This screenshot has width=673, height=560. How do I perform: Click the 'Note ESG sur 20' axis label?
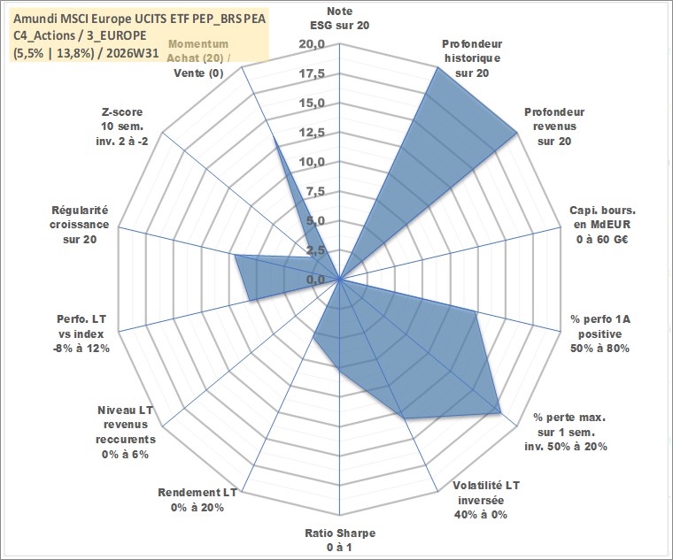tap(339, 19)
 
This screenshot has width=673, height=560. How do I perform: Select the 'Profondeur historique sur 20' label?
tap(472, 58)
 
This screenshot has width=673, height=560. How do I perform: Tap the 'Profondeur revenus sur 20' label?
tap(554, 127)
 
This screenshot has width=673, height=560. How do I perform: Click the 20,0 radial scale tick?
tap(313, 44)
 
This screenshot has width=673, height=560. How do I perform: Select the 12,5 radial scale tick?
tap(313, 133)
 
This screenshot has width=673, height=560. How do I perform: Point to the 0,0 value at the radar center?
tap(316, 280)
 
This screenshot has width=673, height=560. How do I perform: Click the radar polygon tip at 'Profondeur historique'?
tap(437, 67)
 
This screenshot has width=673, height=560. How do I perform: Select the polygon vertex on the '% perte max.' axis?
tap(500, 412)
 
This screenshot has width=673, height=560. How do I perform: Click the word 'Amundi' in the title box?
tap(32, 19)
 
